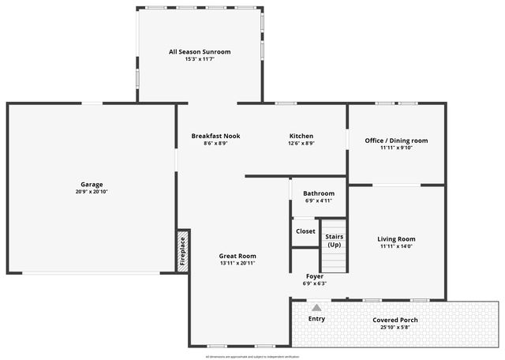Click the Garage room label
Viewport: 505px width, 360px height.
pos(92,185)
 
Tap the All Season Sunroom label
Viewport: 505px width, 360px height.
pos(200,52)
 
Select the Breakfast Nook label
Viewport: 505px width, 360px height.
pos(215,136)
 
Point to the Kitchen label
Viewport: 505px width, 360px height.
pos(301,136)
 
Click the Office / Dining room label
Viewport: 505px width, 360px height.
pos(396,141)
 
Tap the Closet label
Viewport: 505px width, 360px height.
pos(305,231)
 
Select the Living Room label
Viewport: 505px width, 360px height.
pos(396,239)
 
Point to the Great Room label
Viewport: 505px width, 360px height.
pos(238,256)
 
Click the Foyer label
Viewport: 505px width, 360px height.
pos(314,276)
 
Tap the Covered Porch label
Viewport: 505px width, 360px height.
pos(395,320)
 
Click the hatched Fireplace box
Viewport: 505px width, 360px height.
pos(182,251)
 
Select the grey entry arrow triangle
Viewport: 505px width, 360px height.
pos(316,308)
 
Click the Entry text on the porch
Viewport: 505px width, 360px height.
pos(316,319)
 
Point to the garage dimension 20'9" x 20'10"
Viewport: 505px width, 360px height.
pos(92,192)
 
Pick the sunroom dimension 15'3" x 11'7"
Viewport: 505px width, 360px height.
pos(200,59)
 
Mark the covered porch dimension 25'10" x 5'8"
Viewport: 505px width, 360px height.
pos(395,327)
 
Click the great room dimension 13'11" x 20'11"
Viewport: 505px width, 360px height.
pos(238,263)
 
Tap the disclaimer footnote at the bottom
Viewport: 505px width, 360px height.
pos(252,357)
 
